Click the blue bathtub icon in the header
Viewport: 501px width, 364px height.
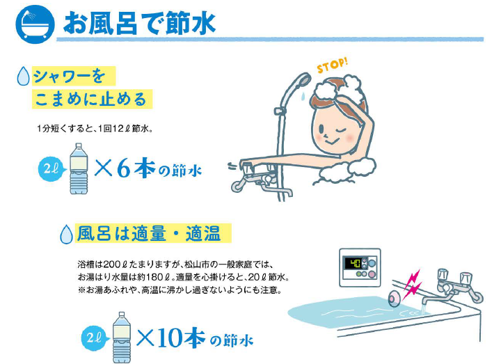[35, 24]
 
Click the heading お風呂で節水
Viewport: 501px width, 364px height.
[139, 24]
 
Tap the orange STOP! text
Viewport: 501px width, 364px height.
[333, 65]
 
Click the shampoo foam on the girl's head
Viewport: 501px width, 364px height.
[338, 86]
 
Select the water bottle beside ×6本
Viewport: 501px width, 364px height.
[79, 168]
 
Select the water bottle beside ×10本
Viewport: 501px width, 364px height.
[121, 338]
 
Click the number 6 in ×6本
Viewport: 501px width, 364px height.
[124, 168]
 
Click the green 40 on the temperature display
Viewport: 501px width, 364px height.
[355, 264]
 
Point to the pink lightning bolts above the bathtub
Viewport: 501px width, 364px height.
[413, 283]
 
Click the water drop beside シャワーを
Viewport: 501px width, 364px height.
[23, 76]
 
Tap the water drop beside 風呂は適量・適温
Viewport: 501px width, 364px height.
[67, 235]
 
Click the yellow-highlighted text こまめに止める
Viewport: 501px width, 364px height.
[90, 100]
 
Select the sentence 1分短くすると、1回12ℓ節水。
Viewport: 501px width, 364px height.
[95, 129]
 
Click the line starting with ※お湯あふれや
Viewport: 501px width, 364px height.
[180, 290]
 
